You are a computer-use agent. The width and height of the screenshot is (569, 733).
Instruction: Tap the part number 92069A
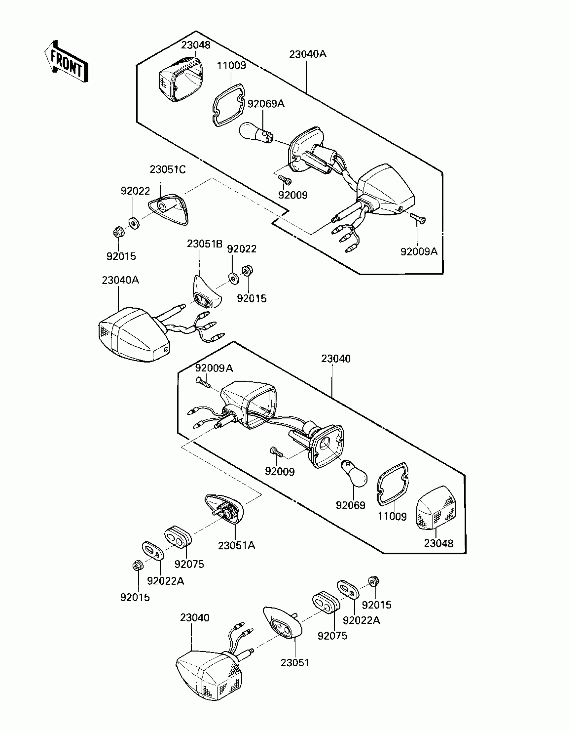[265, 104]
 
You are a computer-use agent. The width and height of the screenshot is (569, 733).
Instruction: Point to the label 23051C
[167, 170]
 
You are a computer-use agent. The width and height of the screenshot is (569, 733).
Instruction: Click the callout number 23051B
[205, 244]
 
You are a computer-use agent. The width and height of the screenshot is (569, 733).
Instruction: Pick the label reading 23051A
[236, 545]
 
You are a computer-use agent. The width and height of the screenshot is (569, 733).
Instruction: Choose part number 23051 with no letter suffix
[295, 663]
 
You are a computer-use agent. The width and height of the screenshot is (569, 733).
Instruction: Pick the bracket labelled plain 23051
[282, 624]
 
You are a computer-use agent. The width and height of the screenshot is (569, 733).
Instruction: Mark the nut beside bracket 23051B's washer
[247, 270]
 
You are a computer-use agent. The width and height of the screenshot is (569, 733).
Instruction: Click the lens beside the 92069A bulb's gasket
[181, 79]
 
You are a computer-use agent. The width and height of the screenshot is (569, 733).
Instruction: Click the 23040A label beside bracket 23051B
[120, 280]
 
